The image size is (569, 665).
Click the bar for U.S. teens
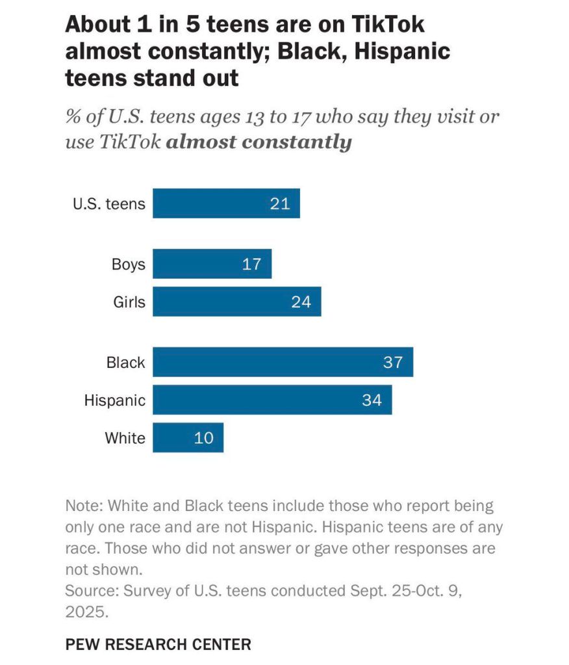226,204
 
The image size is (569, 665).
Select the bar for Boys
212,264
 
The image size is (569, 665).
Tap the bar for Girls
236,302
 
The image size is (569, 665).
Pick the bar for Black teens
283,362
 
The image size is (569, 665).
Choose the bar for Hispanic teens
272,400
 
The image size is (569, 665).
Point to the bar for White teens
188,437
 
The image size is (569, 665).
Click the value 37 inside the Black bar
393,362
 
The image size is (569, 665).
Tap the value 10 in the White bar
204,437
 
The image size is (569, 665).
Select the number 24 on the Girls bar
301,302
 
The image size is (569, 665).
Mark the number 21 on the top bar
280,204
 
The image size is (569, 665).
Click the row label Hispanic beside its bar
114,400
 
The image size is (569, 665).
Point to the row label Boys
128,264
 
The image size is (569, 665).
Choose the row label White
125,437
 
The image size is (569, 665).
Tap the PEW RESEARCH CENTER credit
158,644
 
